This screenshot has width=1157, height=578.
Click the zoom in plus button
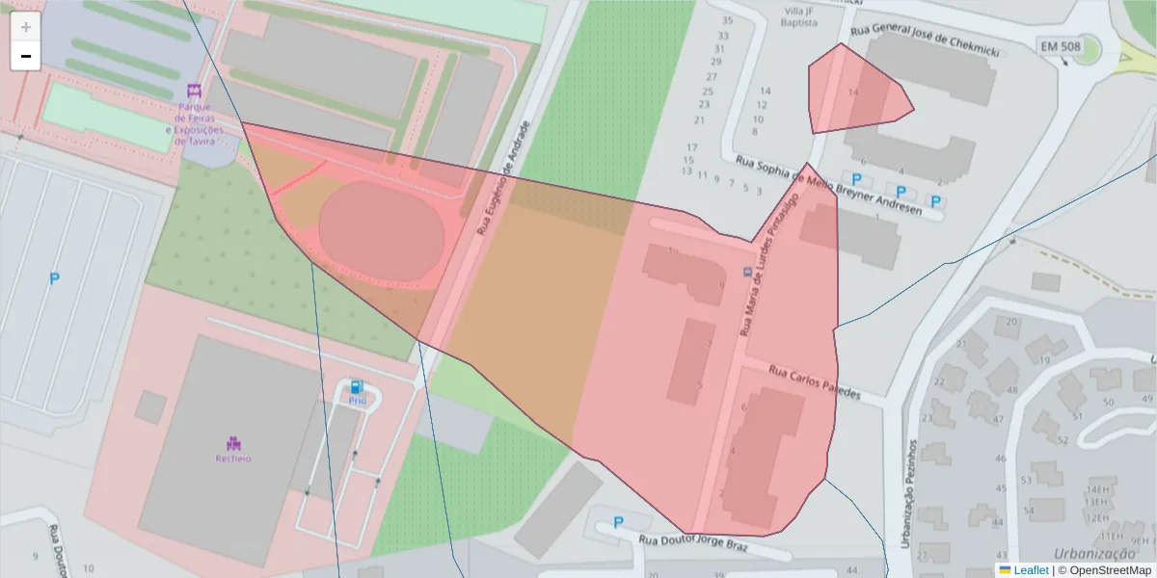click(x=25, y=27)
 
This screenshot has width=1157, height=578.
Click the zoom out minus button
click(x=25, y=56)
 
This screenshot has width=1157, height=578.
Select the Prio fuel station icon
click(x=358, y=385)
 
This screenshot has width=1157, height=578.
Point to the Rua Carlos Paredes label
click(x=814, y=382)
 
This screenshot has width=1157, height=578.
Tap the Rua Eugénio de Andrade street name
click(x=502, y=179)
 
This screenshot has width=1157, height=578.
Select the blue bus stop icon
click(x=747, y=273)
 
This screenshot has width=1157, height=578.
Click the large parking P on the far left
click(x=54, y=278)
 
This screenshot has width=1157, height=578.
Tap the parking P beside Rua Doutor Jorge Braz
click(x=617, y=523)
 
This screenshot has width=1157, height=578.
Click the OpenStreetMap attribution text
click(x=1110, y=570)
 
